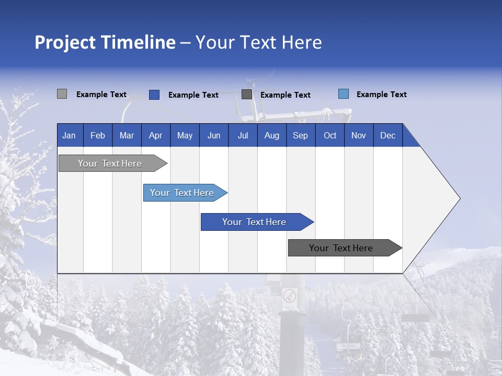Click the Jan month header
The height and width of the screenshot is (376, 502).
[69, 135]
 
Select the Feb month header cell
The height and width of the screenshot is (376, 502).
[98, 135]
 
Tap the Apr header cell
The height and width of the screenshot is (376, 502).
[155, 135]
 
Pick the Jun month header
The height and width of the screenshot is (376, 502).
[214, 135]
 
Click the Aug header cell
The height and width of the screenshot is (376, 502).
[271, 135]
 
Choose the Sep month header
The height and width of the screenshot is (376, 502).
[300, 135]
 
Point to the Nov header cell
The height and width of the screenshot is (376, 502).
[359, 135]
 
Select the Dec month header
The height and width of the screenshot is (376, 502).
[387, 135]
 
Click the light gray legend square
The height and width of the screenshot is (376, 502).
[62, 94]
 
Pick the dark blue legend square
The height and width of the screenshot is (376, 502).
[154, 95]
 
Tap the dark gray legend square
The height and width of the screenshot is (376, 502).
[247, 95]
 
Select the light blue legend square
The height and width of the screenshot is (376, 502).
[344, 94]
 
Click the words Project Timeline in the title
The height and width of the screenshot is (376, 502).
[105, 42]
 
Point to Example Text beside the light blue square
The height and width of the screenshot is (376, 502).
[381, 95]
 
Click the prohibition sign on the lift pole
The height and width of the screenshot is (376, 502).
[289, 298]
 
